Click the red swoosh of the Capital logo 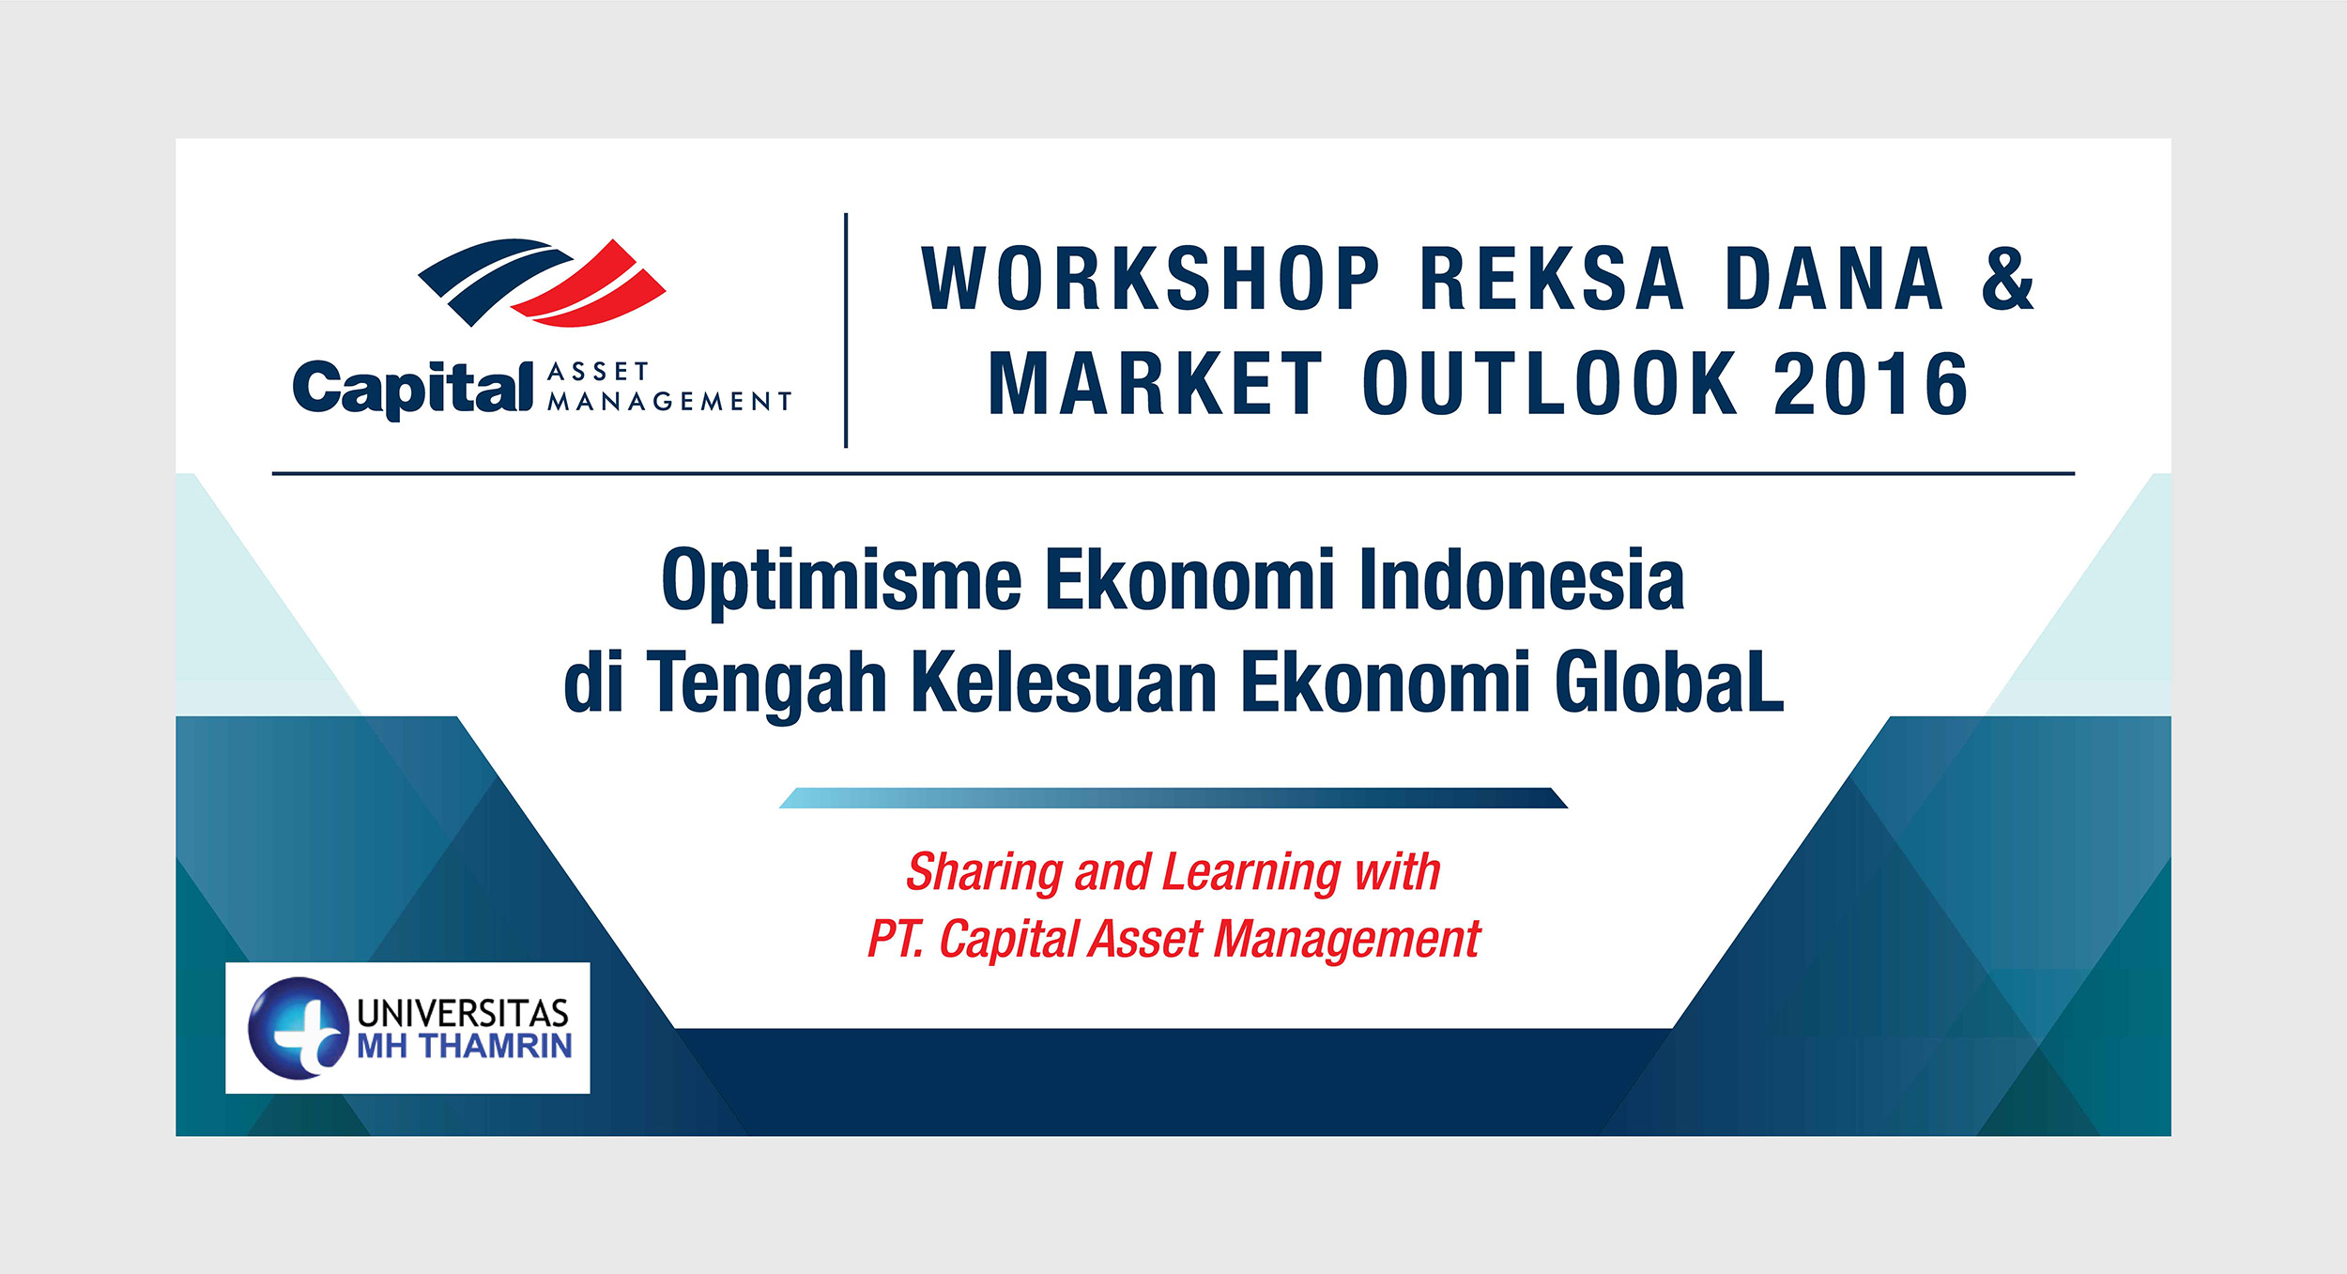(x=590, y=285)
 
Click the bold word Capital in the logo (x=413, y=389)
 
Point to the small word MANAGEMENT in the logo (x=670, y=402)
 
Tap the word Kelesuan (x=1065, y=682)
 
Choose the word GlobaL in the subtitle (x=1669, y=682)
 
